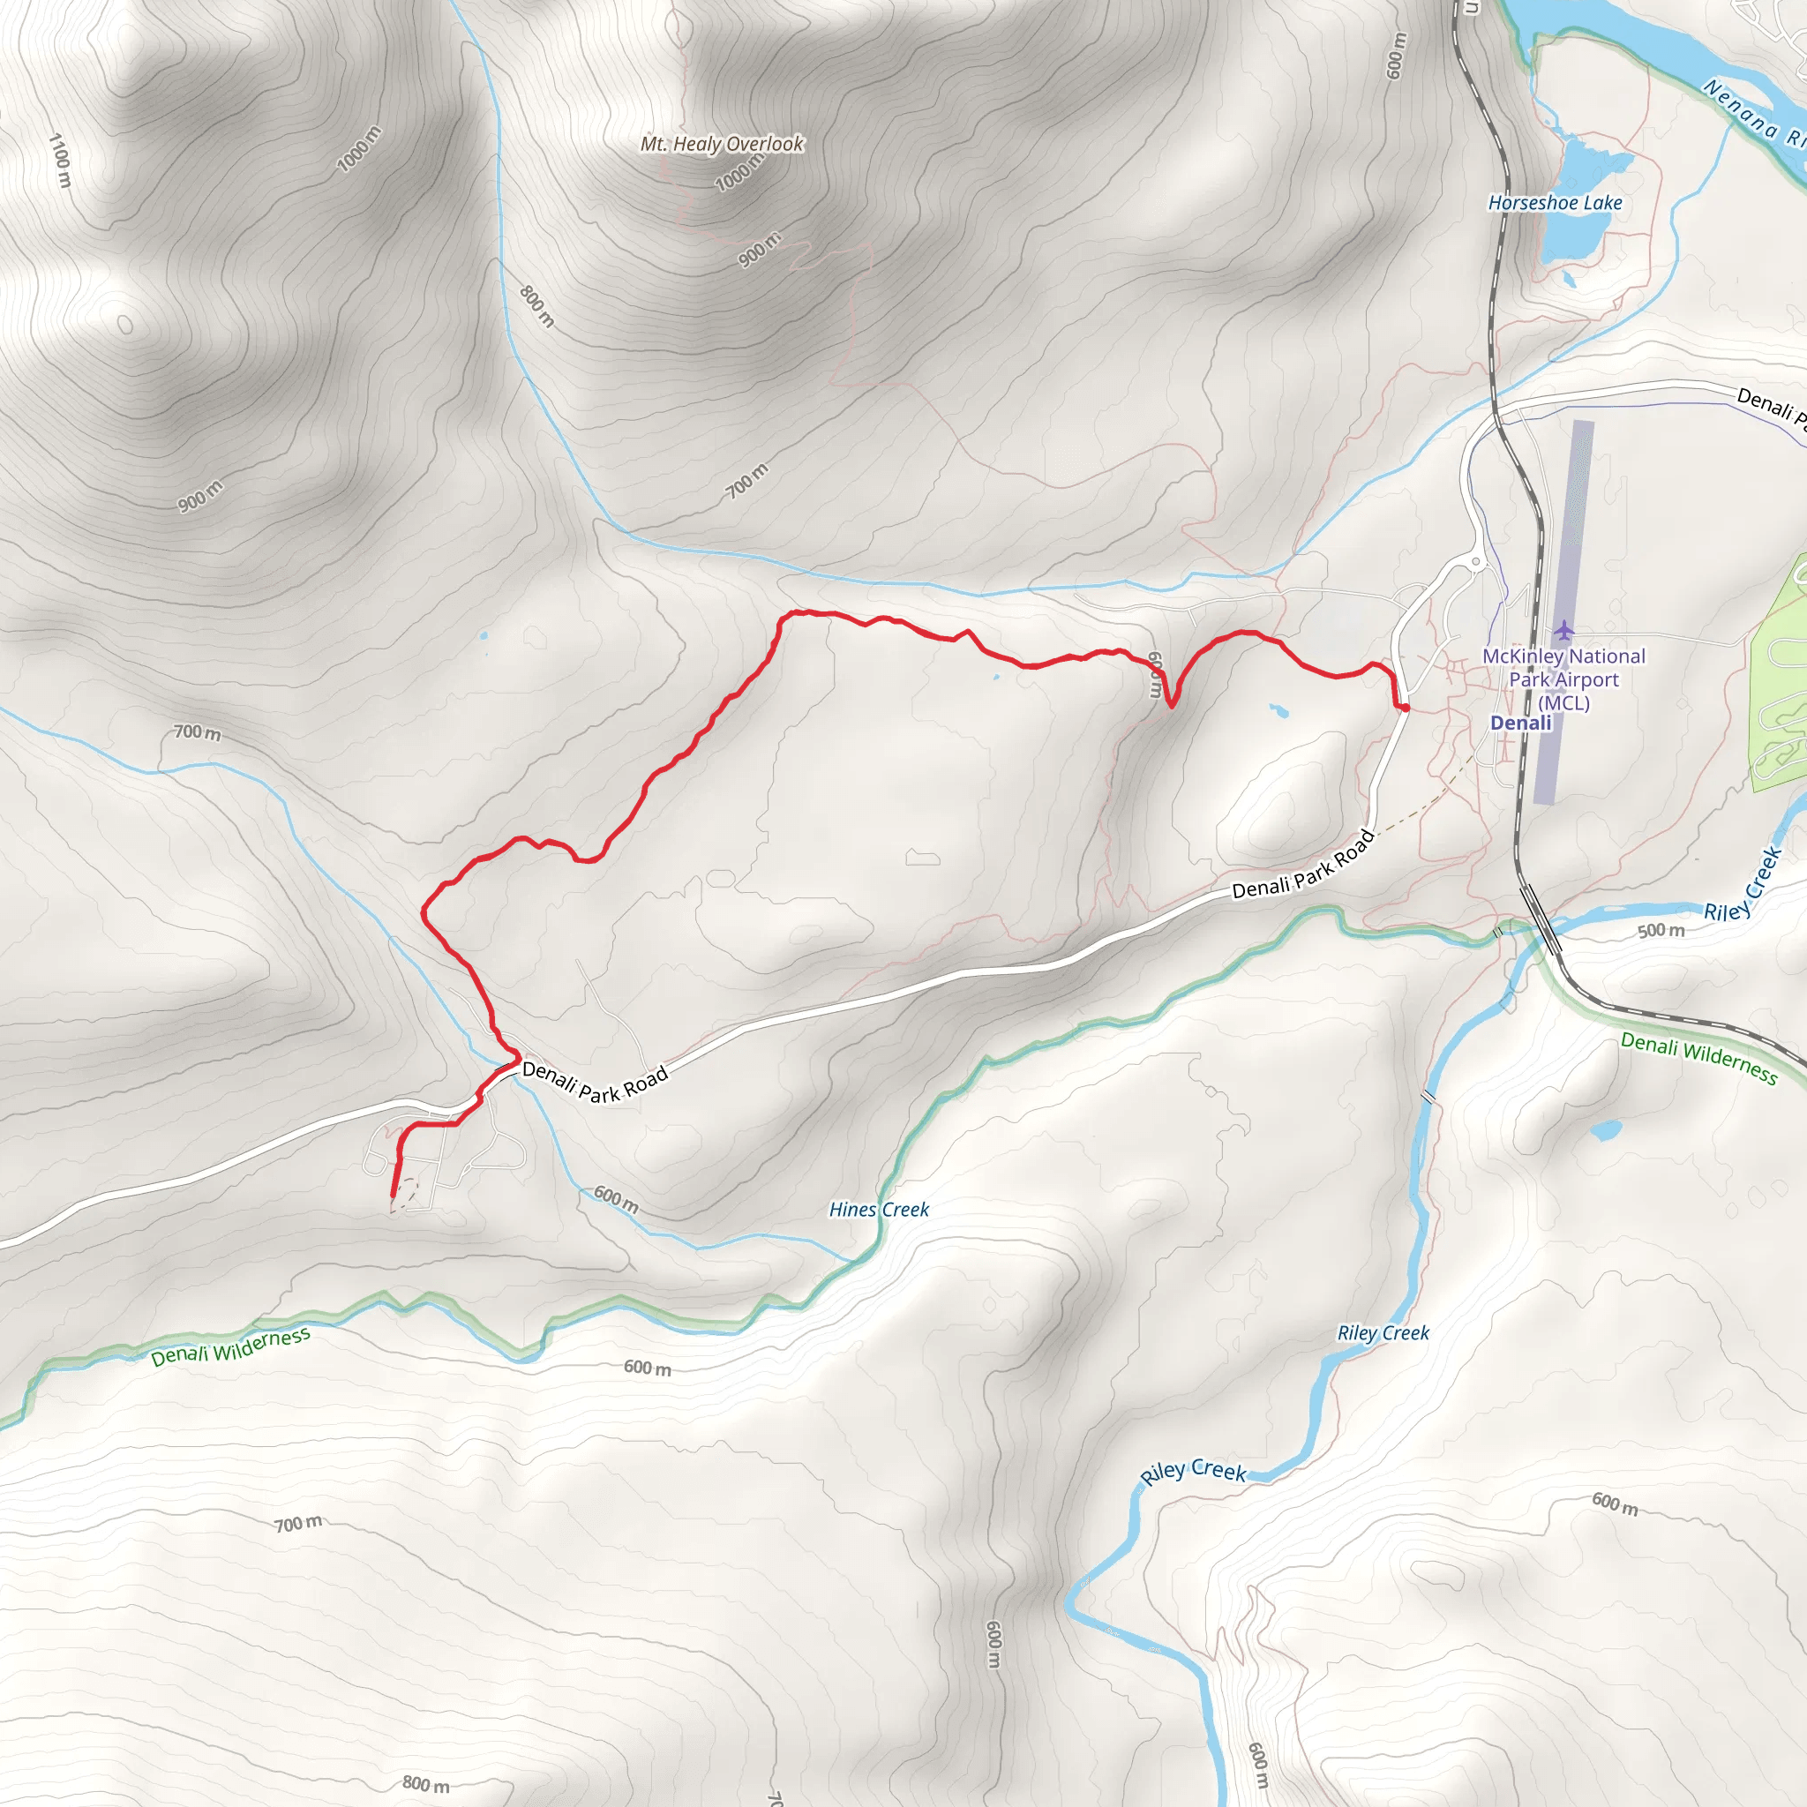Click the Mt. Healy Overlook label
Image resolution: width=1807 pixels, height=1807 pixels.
click(721, 144)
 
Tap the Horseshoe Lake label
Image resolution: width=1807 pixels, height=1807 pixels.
click(1555, 203)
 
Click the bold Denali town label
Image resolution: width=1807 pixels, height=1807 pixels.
click(1521, 723)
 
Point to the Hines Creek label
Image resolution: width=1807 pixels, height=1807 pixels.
click(879, 1210)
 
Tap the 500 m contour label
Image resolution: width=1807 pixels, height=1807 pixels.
click(1661, 931)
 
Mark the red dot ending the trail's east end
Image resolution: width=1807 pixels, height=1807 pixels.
click(1405, 708)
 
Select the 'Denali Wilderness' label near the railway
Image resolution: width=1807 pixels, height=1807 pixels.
click(1698, 1057)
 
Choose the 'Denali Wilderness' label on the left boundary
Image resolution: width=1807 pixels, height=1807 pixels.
click(230, 1346)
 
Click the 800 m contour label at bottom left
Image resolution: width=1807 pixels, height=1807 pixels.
click(425, 1783)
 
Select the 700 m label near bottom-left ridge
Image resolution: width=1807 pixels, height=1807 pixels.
click(298, 1524)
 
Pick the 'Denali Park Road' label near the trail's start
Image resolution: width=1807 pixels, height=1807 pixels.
click(595, 1082)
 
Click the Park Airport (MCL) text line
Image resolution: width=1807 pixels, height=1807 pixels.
click(1563, 680)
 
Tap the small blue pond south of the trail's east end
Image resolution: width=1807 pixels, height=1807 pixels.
click(1278, 711)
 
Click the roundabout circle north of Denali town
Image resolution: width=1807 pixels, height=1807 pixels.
click(1477, 562)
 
